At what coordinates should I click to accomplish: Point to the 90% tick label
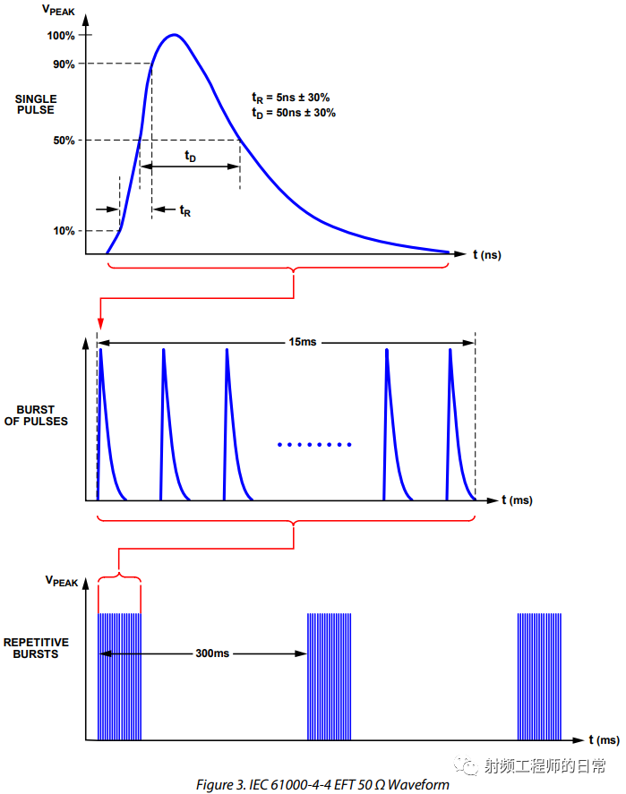(63, 64)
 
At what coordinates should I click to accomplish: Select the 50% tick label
(63, 141)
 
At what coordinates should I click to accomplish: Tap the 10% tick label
(63, 231)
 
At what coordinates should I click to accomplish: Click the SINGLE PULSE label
(35, 104)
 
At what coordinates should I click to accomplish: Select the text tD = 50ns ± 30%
(294, 113)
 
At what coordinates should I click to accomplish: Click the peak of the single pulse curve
(174, 35)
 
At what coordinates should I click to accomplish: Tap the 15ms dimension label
(303, 342)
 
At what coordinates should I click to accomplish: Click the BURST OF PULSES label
(36, 414)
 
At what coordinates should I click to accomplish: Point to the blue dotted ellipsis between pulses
(314, 445)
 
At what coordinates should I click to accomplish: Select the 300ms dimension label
(212, 653)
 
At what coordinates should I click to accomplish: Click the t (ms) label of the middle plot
(517, 500)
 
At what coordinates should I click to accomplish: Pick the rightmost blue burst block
(539, 677)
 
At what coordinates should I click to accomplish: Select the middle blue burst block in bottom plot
(330, 677)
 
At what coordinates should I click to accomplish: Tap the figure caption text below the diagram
(322, 785)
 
